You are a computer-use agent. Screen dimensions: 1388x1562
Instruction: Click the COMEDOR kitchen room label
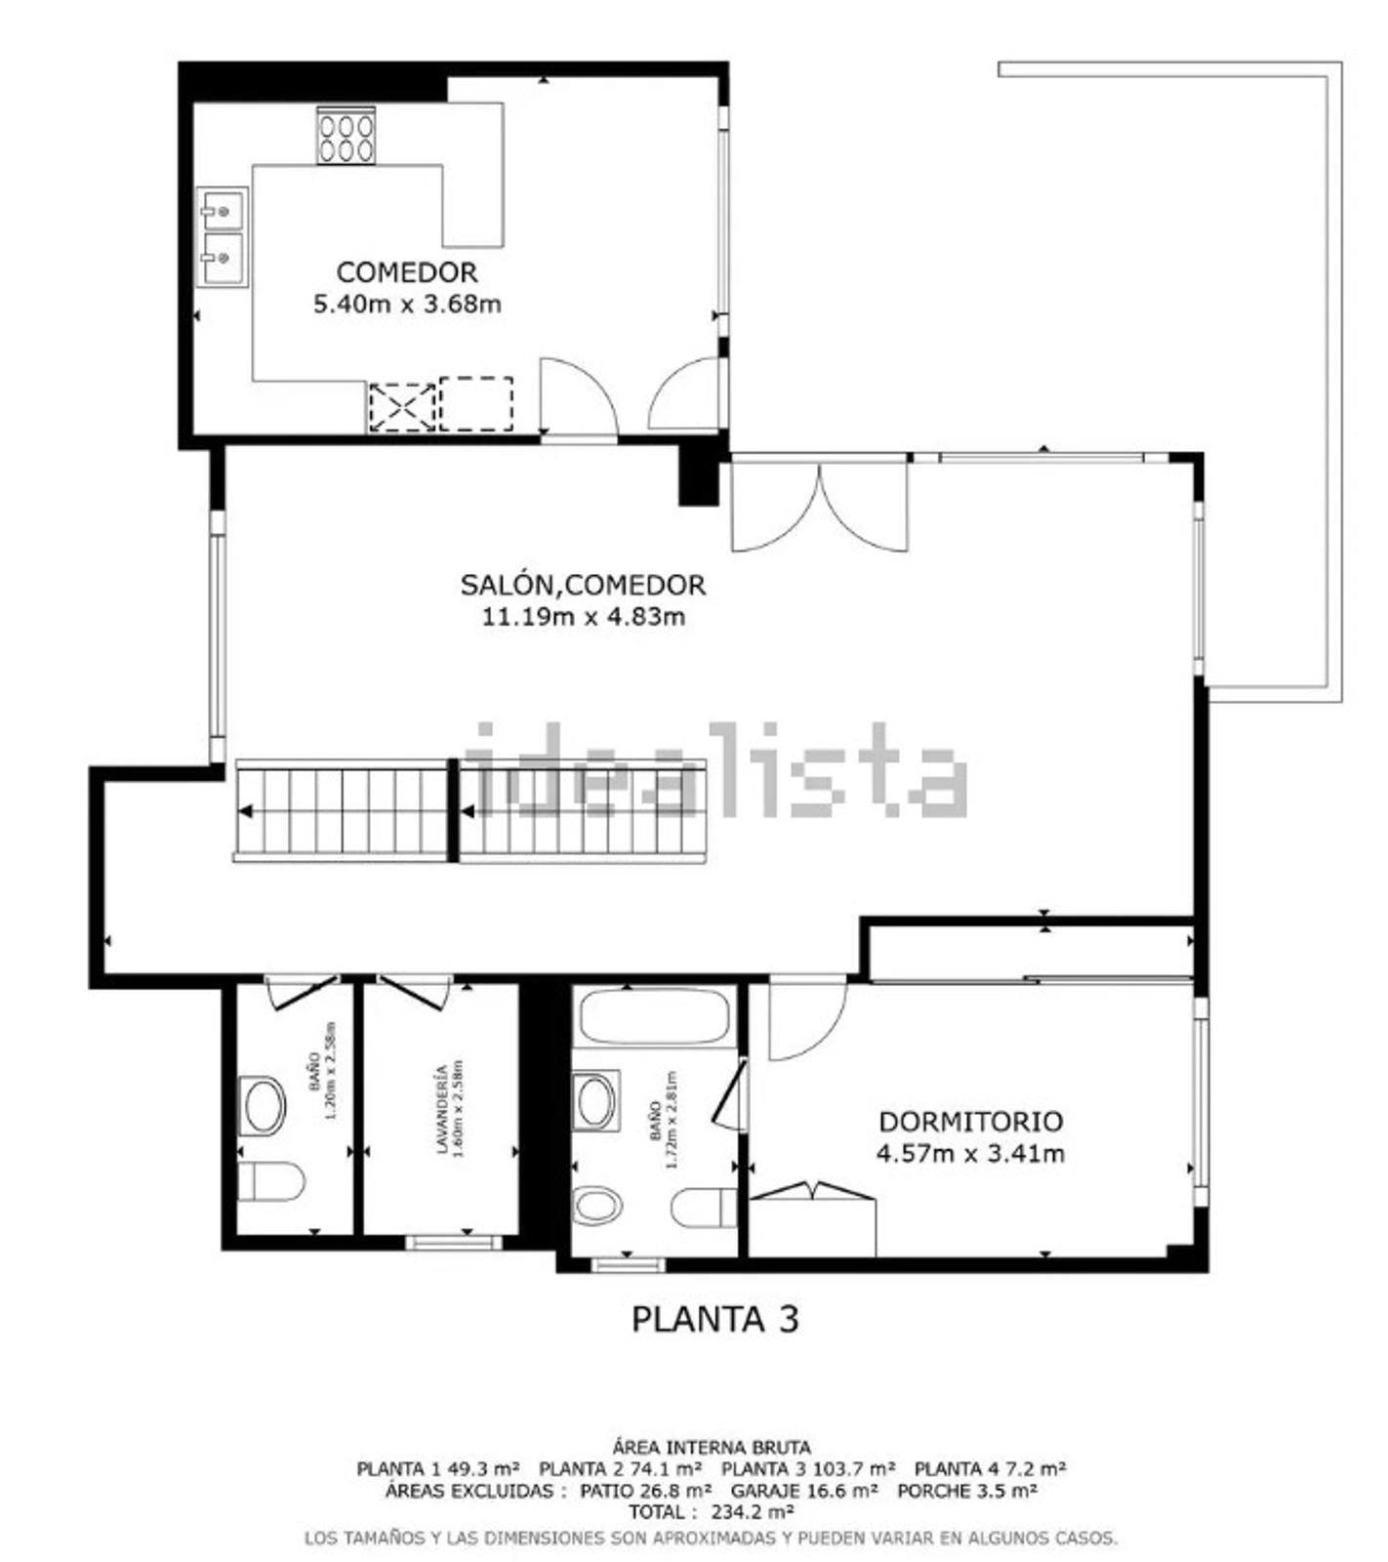tap(407, 272)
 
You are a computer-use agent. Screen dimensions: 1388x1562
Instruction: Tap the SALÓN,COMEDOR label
tap(583, 586)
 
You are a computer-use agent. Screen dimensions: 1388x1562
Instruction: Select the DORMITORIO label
tap(970, 1122)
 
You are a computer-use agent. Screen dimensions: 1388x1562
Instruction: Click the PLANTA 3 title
tap(714, 1319)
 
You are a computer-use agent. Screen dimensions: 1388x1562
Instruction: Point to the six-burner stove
tap(346, 136)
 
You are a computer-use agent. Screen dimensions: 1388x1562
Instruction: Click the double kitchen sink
tap(222, 237)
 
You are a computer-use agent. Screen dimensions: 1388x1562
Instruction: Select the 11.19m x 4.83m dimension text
tap(583, 617)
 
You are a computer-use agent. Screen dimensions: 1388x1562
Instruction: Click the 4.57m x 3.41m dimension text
tap(970, 1154)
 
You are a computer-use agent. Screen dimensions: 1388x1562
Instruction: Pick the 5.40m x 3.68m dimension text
tap(407, 304)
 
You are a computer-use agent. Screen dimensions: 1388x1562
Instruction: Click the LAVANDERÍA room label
tap(443, 1109)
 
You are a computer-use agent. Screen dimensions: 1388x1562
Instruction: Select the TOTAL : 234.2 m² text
tap(711, 1512)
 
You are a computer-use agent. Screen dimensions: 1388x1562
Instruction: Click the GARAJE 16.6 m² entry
tap(804, 1491)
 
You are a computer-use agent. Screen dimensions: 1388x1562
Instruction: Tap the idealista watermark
tap(715, 771)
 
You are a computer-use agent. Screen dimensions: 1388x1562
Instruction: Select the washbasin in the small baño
tap(263, 1106)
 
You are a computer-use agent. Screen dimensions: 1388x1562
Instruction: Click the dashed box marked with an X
tap(402, 406)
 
